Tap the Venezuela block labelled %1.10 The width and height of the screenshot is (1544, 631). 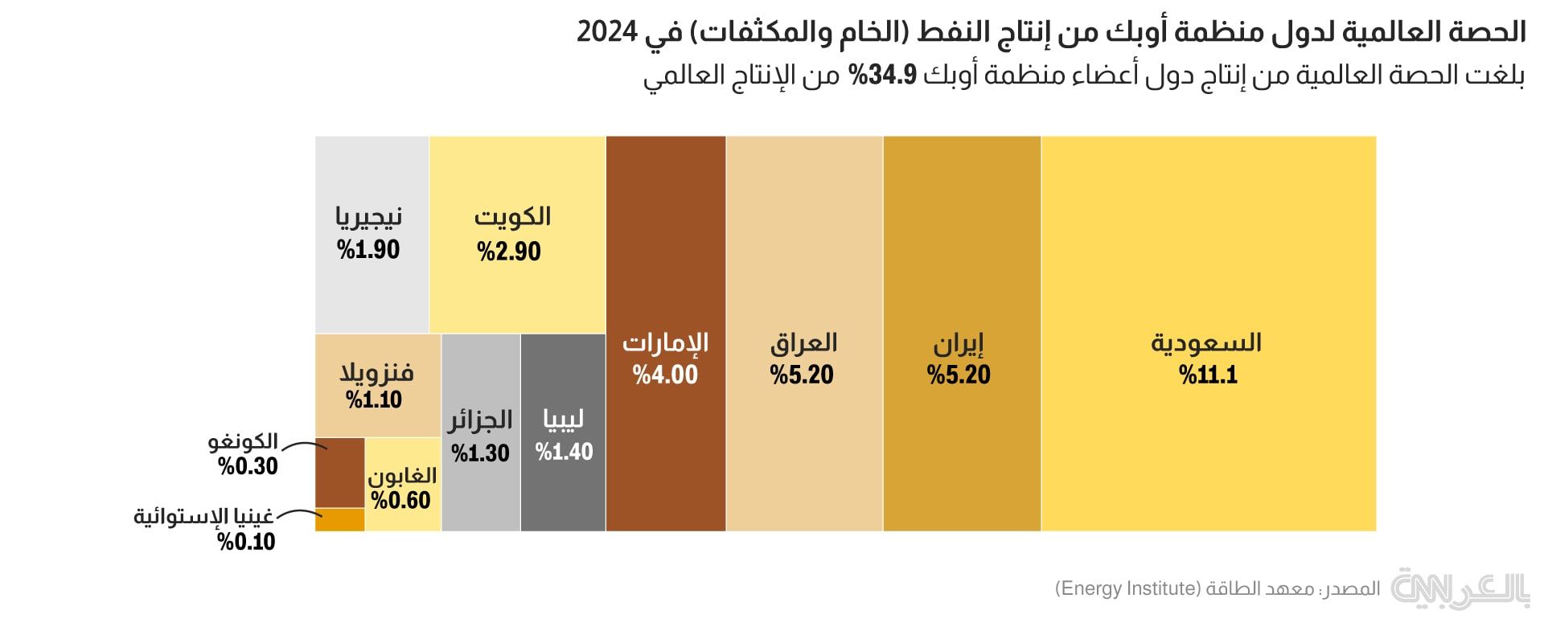[x=377, y=385]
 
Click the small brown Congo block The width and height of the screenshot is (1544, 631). [x=339, y=472]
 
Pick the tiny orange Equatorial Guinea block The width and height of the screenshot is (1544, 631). [x=339, y=519]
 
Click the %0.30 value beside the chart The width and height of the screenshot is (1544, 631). [x=248, y=465]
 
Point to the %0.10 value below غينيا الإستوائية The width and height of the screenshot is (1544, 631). [x=246, y=541]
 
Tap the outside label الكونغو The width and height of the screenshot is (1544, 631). [x=243, y=441]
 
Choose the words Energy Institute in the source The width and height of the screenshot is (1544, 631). [x=1127, y=588]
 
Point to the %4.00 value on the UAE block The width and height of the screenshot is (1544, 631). [x=665, y=375]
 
